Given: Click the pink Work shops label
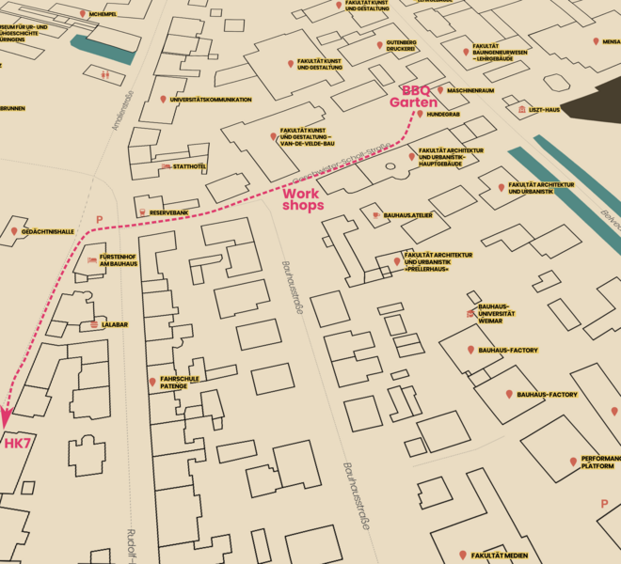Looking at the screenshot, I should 303,199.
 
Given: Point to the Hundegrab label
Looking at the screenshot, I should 442,114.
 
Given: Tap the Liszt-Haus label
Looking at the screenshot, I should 544,110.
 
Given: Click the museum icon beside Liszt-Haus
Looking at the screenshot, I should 521,110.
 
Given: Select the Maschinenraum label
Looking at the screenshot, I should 471,90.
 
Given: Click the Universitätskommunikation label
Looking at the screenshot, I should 211,100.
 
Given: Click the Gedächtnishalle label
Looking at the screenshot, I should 47,231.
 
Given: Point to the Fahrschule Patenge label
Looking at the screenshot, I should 181,383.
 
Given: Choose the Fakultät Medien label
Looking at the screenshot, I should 500,556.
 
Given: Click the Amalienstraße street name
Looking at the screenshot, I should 122,110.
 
